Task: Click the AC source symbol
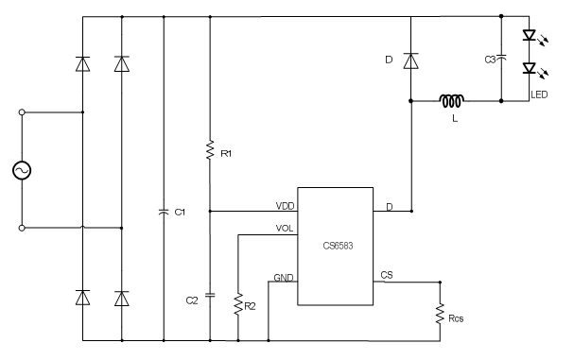point(22,170)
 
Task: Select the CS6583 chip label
point(338,246)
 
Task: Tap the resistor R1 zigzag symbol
point(210,149)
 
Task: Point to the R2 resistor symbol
point(238,304)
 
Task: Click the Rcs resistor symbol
point(440,314)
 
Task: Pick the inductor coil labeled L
point(452,101)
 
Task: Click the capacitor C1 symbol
point(164,212)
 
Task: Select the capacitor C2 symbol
point(210,295)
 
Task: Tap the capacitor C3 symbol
point(501,58)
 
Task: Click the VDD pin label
point(286,206)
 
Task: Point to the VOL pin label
point(285,229)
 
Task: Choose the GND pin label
point(284,278)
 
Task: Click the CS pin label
point(387,275)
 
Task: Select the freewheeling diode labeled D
point(410,60)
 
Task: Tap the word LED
point(539,94)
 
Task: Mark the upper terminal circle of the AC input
point(22,112)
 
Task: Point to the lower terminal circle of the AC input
point(22,228)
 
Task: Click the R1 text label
point(226,154)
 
